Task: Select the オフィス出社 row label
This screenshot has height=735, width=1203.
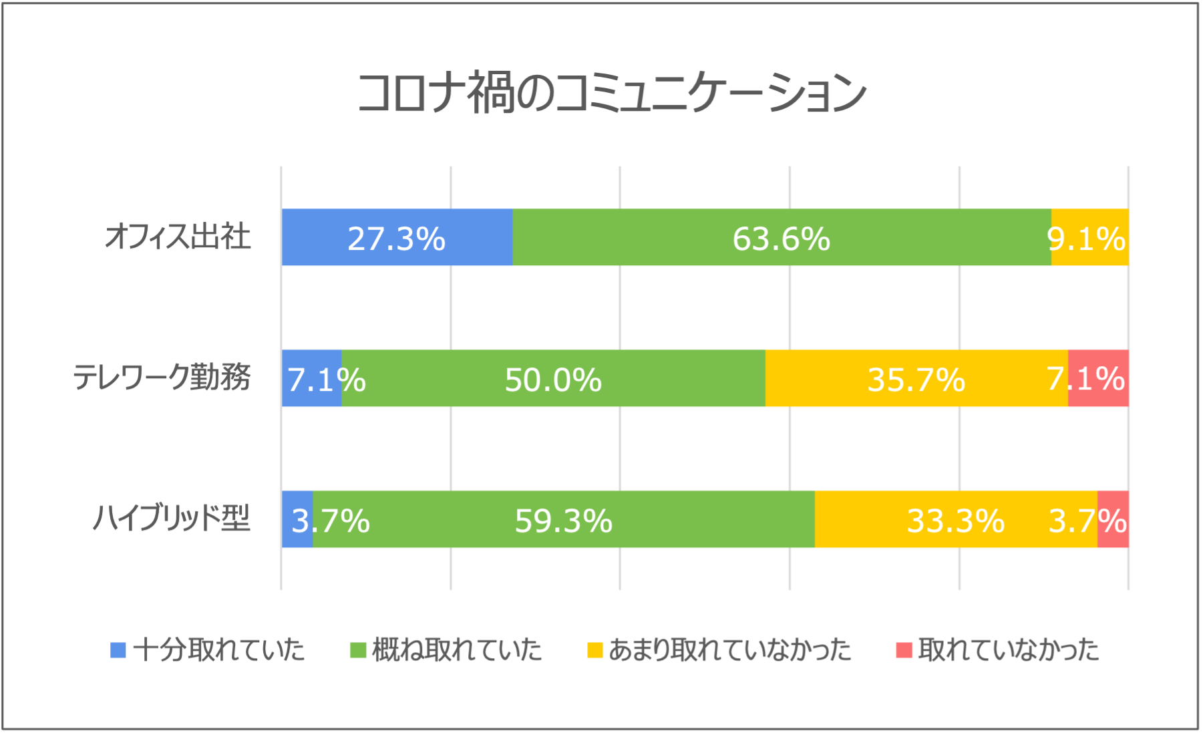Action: pyautogui.click(x=178, y=237)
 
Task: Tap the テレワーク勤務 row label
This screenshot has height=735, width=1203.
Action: pyautogui.click(x=162, y=378)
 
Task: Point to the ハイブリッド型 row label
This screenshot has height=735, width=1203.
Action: pyautogui.click(x=172, y=519)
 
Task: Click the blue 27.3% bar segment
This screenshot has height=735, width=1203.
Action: pyautogui.click(x=397, y=237)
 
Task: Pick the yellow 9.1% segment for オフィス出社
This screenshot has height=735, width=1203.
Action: pyautogui.click(x=1090, y=237)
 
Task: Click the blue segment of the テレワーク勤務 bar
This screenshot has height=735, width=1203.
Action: pyautogui.click(x=311, y=378)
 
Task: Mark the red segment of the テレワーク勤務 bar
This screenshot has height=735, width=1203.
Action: pyautogui.click(x=1099, y=378)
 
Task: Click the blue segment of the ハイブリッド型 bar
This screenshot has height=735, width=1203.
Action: pyautogui.click(x=297, y=519)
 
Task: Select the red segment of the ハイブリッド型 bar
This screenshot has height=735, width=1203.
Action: pyautogui.click(x=1113, y=519)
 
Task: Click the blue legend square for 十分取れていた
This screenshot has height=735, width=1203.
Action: pyautogui.click(x=118, y=650)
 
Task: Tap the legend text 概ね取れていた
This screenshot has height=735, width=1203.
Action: pyautogui.click(x=457, y=650)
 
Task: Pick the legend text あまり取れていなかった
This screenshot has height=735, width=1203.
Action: pyautogui.click(x=729, y=650)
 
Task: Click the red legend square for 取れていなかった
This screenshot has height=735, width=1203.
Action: pyautogui.click(x=904, y=650)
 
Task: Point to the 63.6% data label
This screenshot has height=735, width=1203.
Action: pyautogui.click(x=781, y=239)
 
